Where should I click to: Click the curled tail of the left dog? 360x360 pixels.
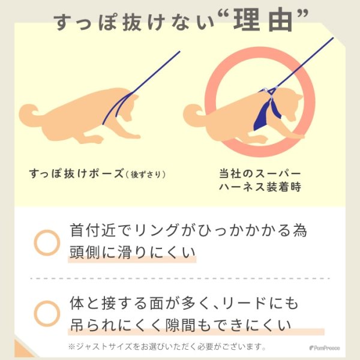tap(31, 113)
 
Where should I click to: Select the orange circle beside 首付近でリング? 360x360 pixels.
tap(47, 242)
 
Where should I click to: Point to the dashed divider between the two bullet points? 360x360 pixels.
tap(180, 278)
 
